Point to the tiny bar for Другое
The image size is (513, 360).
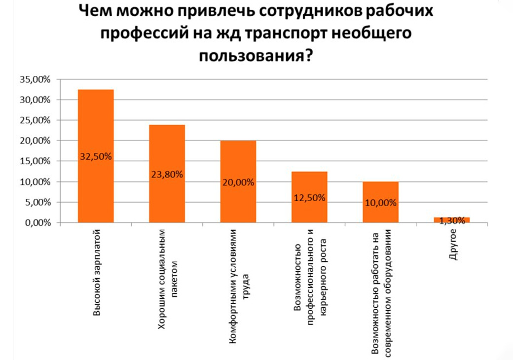pyautogui.click(x=452, y=220)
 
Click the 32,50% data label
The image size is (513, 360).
pyautogui.click(x=96, y=157)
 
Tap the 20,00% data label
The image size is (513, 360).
pyautogui.click(x=238, y=182)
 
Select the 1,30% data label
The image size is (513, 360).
pyautogui.click(x=452, y=221)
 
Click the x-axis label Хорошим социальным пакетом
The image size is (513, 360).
pyautogui.click(x=167, y=279)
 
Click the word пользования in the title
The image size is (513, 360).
pyautogui.click(x=252, y=55)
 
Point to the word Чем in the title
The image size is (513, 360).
pyautogui.click(x=95, y=12)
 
